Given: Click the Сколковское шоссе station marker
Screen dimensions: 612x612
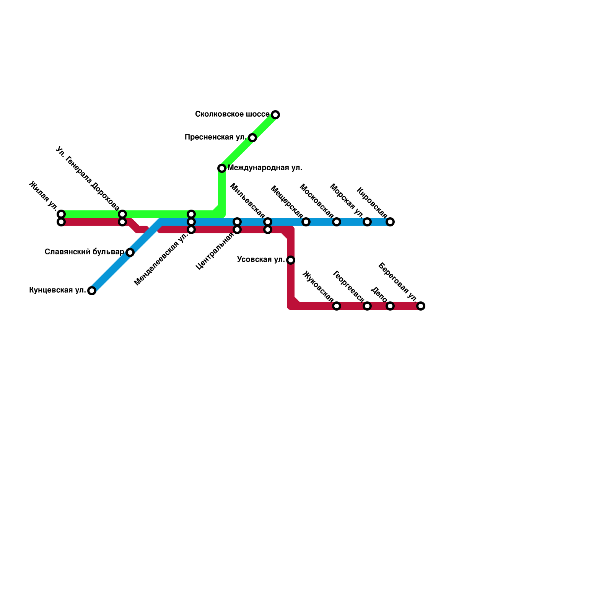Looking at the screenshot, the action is pyautogui.click(x=275, y=115).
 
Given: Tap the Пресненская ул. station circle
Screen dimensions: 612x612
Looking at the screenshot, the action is pyautogui.click(x=252, y=138).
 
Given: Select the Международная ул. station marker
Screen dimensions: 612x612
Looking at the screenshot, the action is pyautogui.click(x=222, y=168).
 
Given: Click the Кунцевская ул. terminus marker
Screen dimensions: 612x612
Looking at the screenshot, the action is pyautogui.click(x=92, y=291).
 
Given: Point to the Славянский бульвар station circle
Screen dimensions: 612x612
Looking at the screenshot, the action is pyautogui.click(x=130, y=252).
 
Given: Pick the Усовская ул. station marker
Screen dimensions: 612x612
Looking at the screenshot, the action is pyautogui.click(x=291, y=260).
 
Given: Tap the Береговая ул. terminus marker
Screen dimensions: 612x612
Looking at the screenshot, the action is pyautogui.click(x=421, y=306).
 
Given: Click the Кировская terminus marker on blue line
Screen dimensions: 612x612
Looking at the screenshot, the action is pyautogui.click(x=390, y=222).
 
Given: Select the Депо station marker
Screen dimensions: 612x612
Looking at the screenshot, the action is pyautogui.click(x=390, y=306).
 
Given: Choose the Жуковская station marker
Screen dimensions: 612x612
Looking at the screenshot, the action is pyautogui.click(x=337, y=306).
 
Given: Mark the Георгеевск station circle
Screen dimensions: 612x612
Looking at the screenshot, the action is pyautogui.click(x=367, y=306).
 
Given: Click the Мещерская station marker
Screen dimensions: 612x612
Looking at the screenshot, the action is pyautogui.click(x=306, y=222).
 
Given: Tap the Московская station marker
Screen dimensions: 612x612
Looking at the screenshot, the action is pyautogui.click(x=337, y=222).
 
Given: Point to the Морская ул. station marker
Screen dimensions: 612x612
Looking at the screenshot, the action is pyautogui.click(x=367, y=222).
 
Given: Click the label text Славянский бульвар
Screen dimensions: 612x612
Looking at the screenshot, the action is pyautogui.click(x=84, y=252).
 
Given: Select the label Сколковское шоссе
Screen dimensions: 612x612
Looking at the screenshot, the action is pyautogui.click(x=232, y=114).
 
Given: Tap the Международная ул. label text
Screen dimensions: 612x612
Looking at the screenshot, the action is pyautogui.click(x=265, y=168).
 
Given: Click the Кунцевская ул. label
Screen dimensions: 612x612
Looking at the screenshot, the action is pyautogui.click(x=57, y=290).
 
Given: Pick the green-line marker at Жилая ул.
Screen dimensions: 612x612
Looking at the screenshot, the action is pyautogui.click(x=61, y=214).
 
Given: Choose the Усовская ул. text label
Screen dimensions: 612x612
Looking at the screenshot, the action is pyautogui.click(x=261, y=260).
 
